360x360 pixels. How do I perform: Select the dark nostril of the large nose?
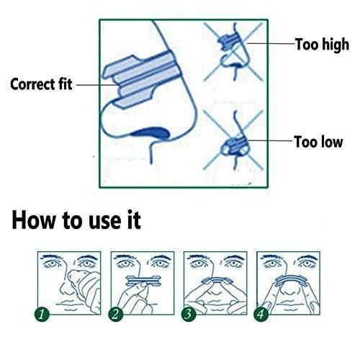pyautogui.click(x=149, y=131)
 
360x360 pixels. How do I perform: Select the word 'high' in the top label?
pyautogui.click(x=335, y=45)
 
